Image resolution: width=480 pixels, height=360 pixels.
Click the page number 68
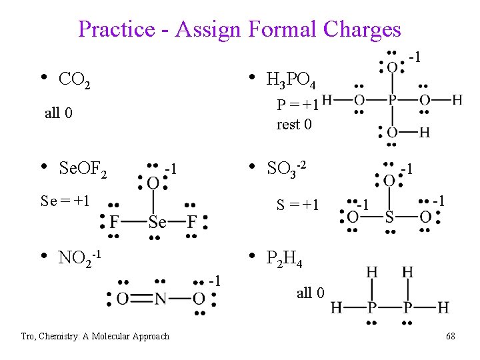coord(451,337)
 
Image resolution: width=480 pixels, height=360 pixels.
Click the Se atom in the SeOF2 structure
coord(157,222)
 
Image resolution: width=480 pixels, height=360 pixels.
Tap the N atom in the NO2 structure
coord(161,299)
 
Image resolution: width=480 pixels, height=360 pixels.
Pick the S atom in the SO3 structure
coord(389,217)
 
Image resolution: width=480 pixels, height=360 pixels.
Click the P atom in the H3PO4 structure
coord(392,100)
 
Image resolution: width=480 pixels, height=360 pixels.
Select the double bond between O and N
coord(141,299)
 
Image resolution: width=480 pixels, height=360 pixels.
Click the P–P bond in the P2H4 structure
coord(389,307)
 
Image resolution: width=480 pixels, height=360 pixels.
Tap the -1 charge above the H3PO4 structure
coord(415,58)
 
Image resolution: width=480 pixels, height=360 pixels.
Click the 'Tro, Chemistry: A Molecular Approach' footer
coord(95,337)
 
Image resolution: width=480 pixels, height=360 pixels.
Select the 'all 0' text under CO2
coord(59,113)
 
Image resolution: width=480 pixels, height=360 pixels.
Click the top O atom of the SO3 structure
coord(389,180)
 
